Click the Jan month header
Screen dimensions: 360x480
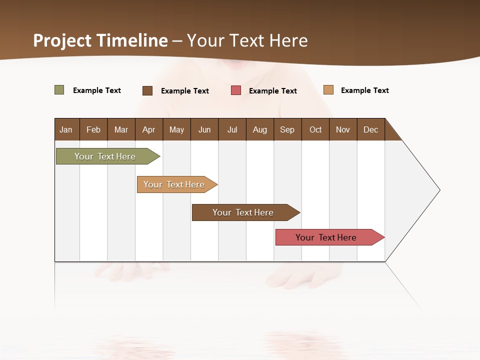pos(66,129)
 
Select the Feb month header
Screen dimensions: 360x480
pos(93,129)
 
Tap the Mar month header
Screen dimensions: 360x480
pos(121,129)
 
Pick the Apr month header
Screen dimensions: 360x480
pos(149,129)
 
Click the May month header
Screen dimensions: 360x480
pos(176,129)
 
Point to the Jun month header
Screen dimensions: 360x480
pos(204,129)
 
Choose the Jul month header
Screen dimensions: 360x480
pos(232,129)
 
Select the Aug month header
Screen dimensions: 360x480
pos(260,129)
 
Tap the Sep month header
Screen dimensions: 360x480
pos(287,129)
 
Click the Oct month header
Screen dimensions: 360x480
pos(315,129)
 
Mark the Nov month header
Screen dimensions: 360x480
pos(343,129)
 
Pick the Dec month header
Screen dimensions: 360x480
pos(371,129)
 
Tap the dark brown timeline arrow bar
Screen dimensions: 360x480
pos(243,212)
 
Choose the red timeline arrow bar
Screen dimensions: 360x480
pos(326,237)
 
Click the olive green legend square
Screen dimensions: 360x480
pos(59,90)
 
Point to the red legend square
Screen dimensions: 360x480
pos(236,90)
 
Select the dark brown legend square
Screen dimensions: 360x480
pos(147,90)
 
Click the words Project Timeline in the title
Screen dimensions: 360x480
pos(100,40)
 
